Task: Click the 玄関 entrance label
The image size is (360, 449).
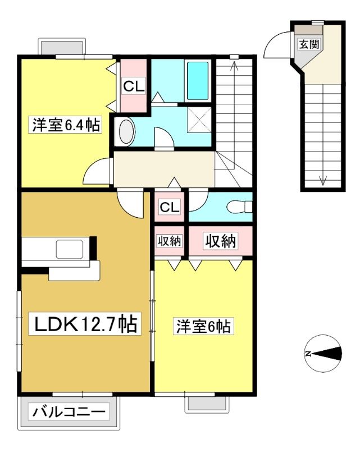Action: click(x=309, y=44)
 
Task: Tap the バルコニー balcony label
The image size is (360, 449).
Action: click(x=69, y=413)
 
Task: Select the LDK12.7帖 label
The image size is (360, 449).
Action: click(x=85, y=324)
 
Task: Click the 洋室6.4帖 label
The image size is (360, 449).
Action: click(x=66, y=125)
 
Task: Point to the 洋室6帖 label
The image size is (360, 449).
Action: click(x=203, y=326)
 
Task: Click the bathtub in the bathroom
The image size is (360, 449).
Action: click(x=198, y=81)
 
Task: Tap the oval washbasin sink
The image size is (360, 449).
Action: click(x=127, y=132)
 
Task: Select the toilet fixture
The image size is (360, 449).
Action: click(x=239, y=207)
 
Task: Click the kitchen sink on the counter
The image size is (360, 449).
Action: click(x=70, y=249)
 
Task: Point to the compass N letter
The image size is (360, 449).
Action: click(x=308, y=354)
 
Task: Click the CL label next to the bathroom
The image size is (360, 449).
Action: click(x=134, y=86)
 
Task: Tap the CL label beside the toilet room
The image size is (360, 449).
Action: click(x=170, y=207)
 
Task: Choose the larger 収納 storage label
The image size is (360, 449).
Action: click(x=220, y=241)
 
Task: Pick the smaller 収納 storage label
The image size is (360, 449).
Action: click(x=170, y=241)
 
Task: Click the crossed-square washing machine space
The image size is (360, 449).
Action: click(x=199, y=120)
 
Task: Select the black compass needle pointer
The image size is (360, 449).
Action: click(x=327, y=354)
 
